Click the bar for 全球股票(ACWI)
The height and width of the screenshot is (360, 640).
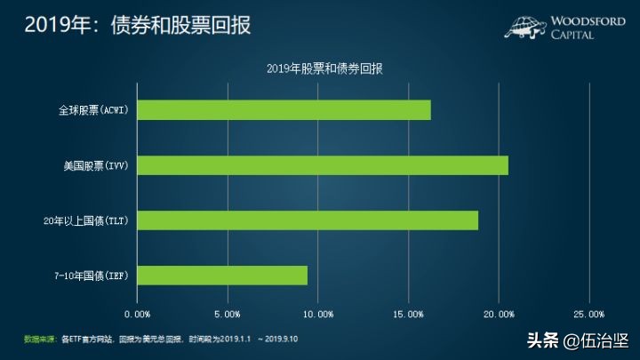pyautogui.click(x=284, y=110)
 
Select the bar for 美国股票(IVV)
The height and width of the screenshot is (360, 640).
pyautogui.click(x=324, y=165)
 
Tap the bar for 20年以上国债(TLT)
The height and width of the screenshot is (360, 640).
pyautogui.click(x=308, y=220)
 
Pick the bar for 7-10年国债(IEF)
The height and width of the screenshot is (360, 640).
pyautogui.click(x=223, y=276)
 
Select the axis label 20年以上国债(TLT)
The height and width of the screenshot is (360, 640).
pyautogui.click(x=88, y=220)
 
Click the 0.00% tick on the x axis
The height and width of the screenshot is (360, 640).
pyautogui.click(x=138, y=314)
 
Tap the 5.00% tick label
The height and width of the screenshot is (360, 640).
pyautogui.click(x=228, y=314)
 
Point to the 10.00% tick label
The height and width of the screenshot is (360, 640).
pyautogui.click(x=318, y=314)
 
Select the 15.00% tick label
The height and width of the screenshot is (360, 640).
pyautogui.click(x=409, y=314)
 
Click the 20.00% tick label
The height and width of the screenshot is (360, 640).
pyautogui.click(x=499, y=314)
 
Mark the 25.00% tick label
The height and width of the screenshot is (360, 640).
pyautogui.click(x=589, y=314)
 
